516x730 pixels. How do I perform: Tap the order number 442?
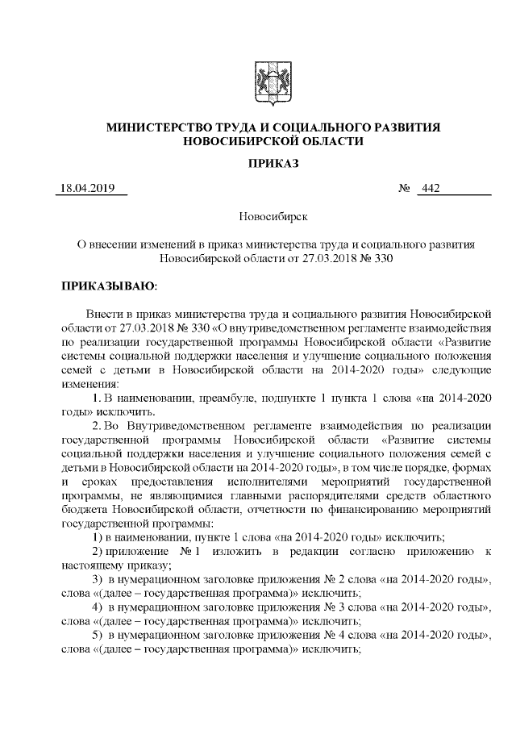pos(430,190)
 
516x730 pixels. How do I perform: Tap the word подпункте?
pos(279,397)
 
